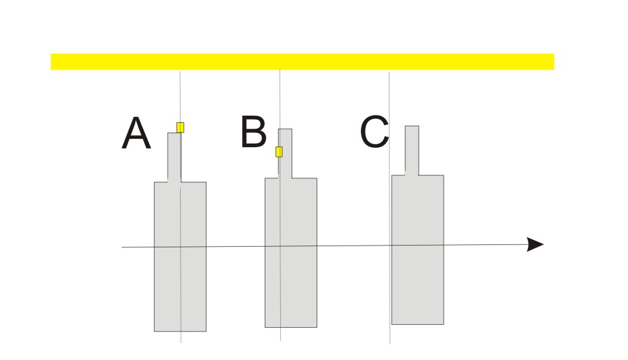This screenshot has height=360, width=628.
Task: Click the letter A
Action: click(x=136, y=134)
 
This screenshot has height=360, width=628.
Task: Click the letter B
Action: click(x=253, y=132)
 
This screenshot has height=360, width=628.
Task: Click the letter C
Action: click(x=375, y=132)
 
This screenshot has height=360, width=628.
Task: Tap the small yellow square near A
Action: click(x=180, y=127)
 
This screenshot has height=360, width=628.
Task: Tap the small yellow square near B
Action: click(x=279, y=152)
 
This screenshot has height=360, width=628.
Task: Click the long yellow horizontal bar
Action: click(x=302, y=61)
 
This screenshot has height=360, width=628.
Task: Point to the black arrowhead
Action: click(x=535, y=244)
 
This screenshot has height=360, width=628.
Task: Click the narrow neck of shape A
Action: click(x=174, y=156)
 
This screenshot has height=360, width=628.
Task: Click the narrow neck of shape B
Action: click(x=285, y=153)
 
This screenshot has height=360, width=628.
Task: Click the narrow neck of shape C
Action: click(x=412, y=150)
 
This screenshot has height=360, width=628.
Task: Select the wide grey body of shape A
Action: click(x=180, y=280)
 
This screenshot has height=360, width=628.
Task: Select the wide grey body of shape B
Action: click(x=290, y=280)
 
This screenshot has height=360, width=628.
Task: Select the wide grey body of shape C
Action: click(x=417, y=280)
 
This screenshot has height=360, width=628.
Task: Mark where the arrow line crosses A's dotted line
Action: click(x=180, y=246)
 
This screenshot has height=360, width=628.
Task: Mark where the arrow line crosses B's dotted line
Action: click(x=280, y=246)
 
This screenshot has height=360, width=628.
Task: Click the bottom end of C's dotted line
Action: click(x=390, y=342)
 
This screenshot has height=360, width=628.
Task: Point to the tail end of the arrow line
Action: click(x=122, y=247)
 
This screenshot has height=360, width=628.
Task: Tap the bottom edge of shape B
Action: click(x=290, y=327)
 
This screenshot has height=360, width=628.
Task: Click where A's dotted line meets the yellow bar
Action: click(x=180, y=70)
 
